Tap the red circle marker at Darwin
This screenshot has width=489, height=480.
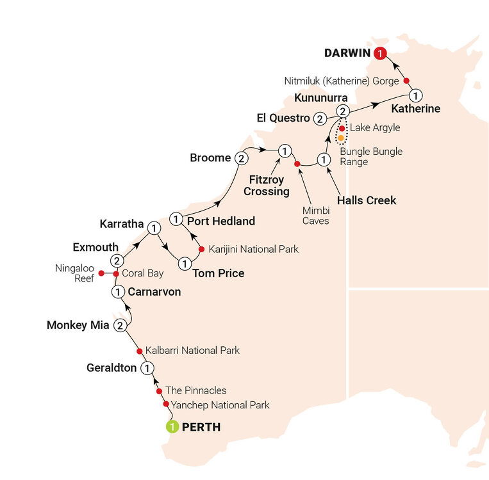[381, 54]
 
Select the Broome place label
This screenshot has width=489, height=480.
[210, 157]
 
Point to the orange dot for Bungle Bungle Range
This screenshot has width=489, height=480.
[341, 138]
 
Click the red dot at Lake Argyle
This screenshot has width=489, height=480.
[342, 128]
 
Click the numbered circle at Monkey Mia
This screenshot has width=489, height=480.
[120, 326]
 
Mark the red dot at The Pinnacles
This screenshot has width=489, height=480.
[159, 390]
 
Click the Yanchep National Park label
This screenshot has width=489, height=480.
[220, 404]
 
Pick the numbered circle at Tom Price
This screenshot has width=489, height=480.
[185, 263]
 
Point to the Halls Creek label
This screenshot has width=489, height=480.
[367, 200]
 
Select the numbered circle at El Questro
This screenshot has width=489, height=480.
[319, 118]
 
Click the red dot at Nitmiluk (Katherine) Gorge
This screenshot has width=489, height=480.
[406, 81]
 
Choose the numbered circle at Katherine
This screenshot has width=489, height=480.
[415, 96]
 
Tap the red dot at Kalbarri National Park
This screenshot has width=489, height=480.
[139, 351]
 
